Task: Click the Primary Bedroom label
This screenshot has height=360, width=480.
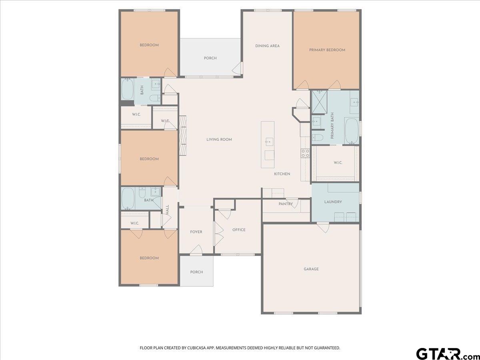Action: click(x=327, y=50)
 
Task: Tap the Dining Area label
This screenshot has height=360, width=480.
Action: click(x=267, y=46)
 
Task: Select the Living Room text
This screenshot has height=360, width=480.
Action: click(x=219, y=140)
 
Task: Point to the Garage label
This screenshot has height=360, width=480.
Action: click(x=311, y=269)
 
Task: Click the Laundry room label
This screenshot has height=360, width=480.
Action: click(x=333, y=202)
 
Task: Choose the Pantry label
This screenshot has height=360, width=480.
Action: click(x=286, y=204)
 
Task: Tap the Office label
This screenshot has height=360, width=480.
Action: click(x=239, y=230)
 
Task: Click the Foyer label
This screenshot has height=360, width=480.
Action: click(x=196, y=232)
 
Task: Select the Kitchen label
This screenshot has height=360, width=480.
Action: click(x=282, y=174)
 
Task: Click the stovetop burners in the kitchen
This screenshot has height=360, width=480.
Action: click(x=305, y=153)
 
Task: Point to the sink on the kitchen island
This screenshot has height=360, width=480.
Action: click(x=269, y=142)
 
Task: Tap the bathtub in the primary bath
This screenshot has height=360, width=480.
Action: click(x=352, y=131)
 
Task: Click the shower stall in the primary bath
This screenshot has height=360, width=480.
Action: click(x=319, y=102)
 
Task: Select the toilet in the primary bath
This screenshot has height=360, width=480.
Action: click(x=317, y=137)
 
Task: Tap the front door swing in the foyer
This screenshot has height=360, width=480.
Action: click(x=196, y=250)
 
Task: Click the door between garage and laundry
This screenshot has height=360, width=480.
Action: click(x=323, y=228)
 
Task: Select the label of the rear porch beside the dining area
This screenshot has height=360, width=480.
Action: click(x=210, y=58)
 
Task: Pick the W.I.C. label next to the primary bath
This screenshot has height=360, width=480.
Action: click(x=338, y=163)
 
